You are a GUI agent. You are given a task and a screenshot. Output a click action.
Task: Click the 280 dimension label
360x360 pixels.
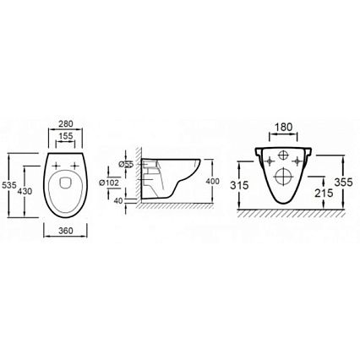point(65,123)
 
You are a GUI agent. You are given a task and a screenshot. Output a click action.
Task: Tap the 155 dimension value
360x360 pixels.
point(66,136)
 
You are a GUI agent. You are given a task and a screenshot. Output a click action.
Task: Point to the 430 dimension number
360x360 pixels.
point(25,191)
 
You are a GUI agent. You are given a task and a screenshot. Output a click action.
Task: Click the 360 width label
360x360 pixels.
point(66,231)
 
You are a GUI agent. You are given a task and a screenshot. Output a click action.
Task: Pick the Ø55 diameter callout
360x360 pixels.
point(126,164)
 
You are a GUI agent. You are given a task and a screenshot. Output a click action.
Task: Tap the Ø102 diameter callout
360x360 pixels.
point(109,183)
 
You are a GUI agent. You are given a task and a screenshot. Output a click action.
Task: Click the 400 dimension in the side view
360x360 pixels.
point(212,182)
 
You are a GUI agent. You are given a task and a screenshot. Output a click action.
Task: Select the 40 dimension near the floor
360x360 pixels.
point(118,201)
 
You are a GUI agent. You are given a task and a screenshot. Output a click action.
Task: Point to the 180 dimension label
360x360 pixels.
point(283,128)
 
